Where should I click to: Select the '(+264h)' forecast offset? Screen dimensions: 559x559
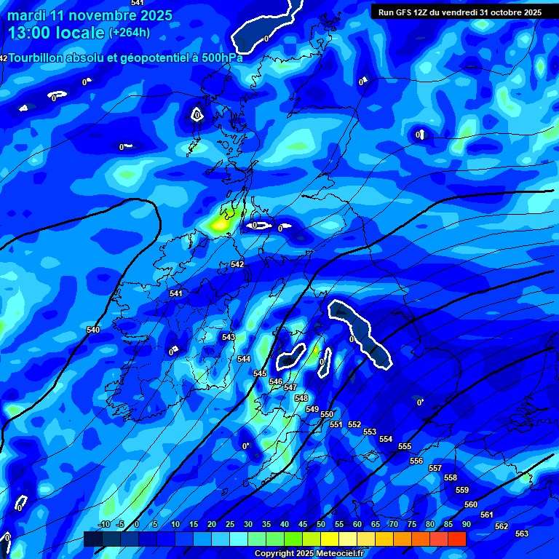point(130,32)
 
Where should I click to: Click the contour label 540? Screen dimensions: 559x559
point(93,330)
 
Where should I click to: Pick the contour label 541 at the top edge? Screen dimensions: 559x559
point(137,3)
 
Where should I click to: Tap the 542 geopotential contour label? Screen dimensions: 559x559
point(237,264)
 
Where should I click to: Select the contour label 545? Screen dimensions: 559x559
point(260,373)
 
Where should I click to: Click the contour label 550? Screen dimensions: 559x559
point(327,414)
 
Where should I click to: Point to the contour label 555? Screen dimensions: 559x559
point(405,446)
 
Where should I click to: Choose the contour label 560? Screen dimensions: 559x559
point(471,504)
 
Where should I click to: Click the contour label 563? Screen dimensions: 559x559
point(522,534)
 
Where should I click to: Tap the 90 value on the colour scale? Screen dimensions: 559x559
point(466,525)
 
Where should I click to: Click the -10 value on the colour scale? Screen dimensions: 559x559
point(103,525)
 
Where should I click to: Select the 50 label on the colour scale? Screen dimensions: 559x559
point(321,525)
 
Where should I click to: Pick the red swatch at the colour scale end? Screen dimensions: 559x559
point(457,539)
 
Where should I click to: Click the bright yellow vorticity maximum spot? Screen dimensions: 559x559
point(219,224)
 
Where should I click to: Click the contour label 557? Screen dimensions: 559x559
point(435,468)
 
